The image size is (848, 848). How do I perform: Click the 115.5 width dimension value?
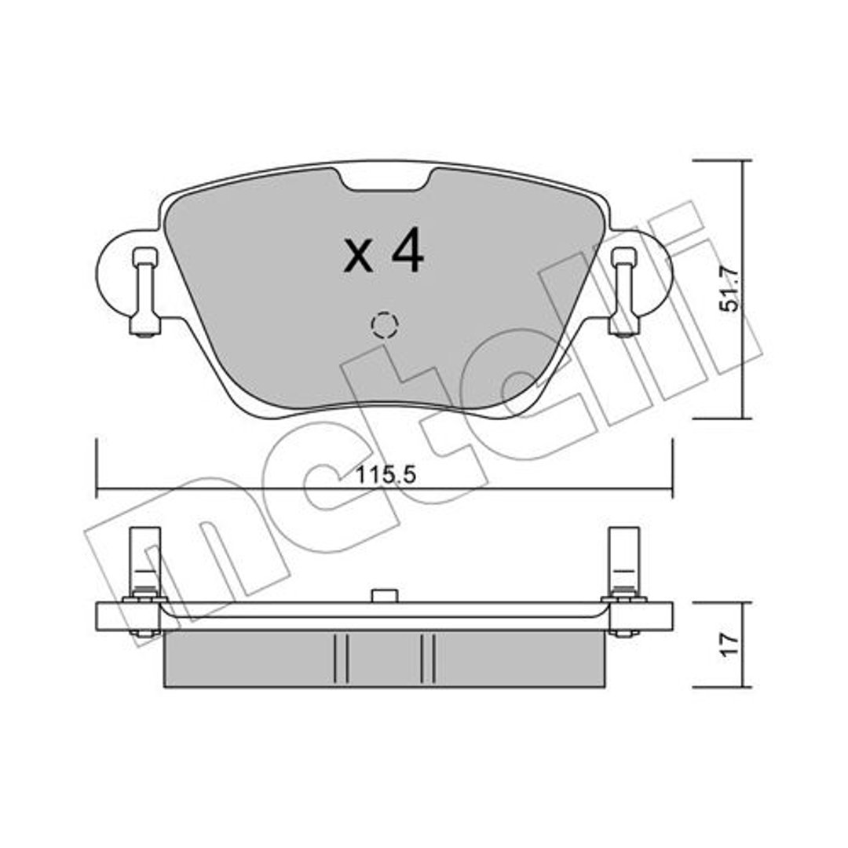[x=386, y=476]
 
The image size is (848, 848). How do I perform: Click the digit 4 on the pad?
[x=408, y=250]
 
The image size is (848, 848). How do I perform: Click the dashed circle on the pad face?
[x=385, y=325]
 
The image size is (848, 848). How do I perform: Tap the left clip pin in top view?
[x=144, y=292]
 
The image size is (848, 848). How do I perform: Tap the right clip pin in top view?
[x=624, y=292]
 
